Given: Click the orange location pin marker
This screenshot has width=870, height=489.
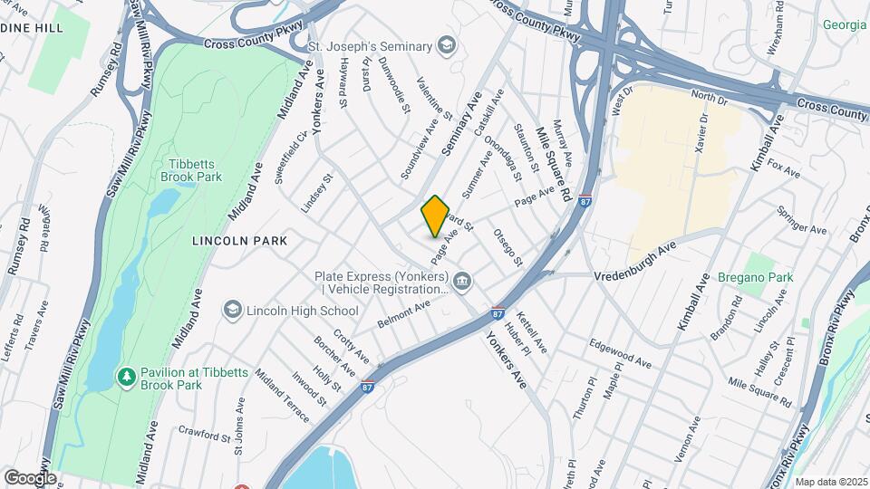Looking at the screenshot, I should click(435, 216).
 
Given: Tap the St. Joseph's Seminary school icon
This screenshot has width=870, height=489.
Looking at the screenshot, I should click(446, 43).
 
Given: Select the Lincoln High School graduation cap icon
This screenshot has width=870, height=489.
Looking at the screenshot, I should click(234, 311).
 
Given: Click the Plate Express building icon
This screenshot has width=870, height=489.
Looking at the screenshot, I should click(463, 283).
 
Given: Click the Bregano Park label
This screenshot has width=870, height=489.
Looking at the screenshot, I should click(755, 277).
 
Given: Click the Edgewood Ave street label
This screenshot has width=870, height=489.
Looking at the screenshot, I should click(620, 352).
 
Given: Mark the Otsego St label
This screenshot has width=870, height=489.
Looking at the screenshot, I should click(508, 246).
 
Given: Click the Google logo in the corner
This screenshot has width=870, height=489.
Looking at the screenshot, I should click(30, 477).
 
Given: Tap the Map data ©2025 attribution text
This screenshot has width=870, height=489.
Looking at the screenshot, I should click(831, 482).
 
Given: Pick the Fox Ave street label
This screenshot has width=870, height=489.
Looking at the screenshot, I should click(784, 168).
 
